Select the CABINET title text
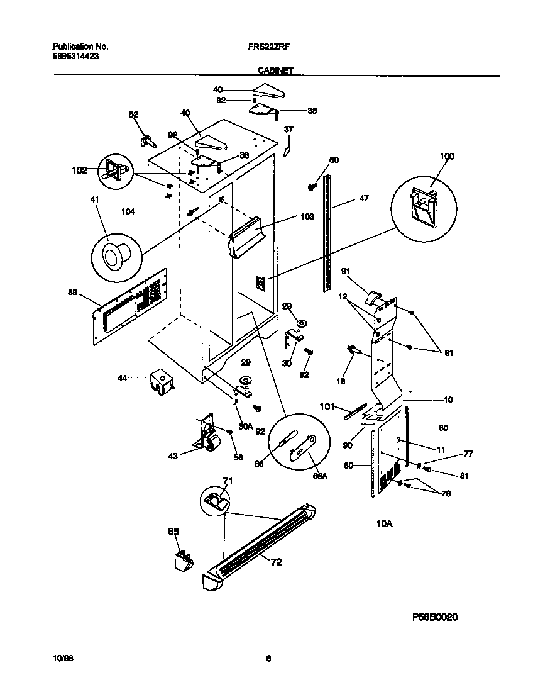point(274,71)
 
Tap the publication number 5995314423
point(75,56)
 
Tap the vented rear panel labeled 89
point(130,305)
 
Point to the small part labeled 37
point(286,151)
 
